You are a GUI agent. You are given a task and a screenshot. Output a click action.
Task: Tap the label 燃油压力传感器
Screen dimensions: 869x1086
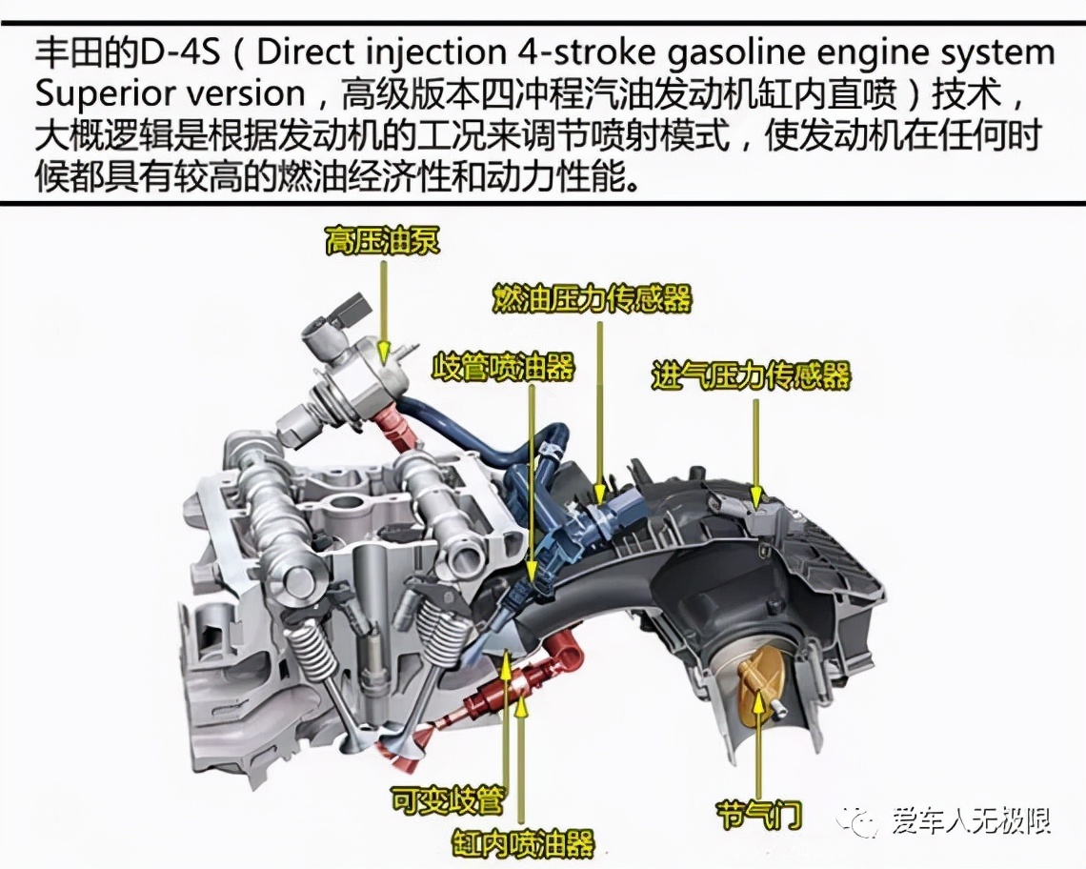pyautogui.click(x=592, y=298)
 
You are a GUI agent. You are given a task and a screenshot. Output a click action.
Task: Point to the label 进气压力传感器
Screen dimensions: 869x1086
pyautogui.click(x=751, y=375)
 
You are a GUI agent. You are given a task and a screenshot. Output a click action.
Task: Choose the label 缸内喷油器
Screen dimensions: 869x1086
pyautogui.click(x=523, y=842)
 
